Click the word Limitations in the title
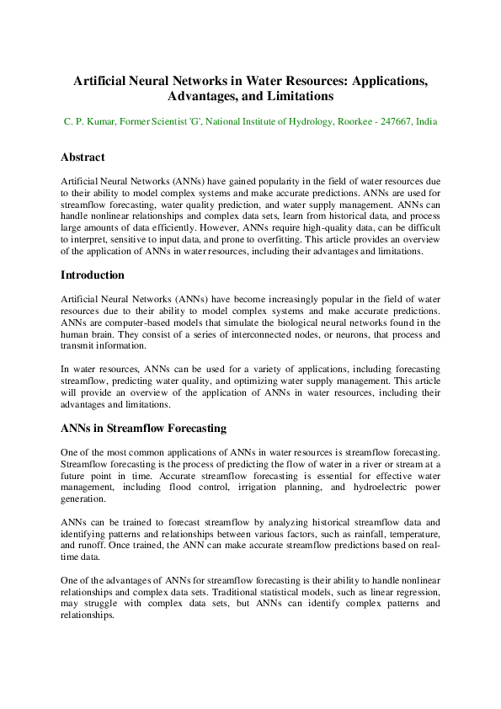(x=301, y=97)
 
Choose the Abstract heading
(x=83, y=157)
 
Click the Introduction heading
(x=93, y=275)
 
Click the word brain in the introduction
(x=111, y=334)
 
